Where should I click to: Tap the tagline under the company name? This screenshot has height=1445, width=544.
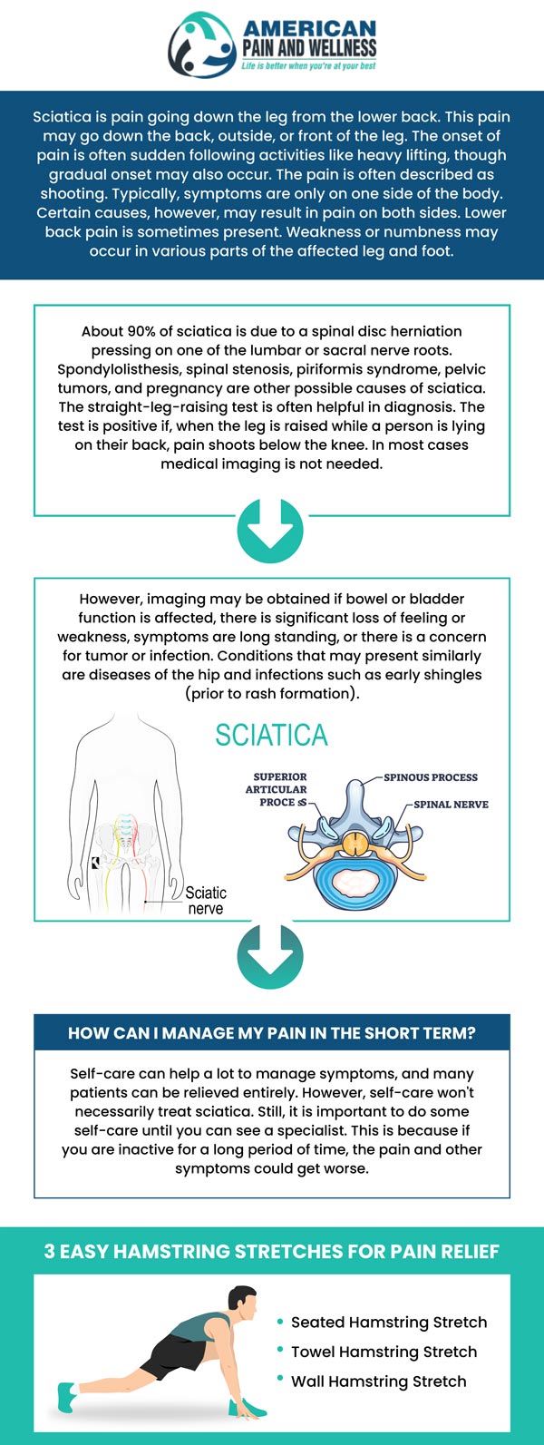tap(308, 65)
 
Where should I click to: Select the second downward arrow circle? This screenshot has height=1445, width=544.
tap(270, 955)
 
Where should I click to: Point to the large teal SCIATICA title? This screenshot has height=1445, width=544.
tap(271, 735)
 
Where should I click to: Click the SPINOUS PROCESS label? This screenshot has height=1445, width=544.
tap(431, 777)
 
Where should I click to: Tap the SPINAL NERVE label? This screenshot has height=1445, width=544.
tap(451, 805)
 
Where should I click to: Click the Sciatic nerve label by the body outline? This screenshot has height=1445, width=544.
tap(206, 900)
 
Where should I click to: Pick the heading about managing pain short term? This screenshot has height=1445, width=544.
tap(271, 1033)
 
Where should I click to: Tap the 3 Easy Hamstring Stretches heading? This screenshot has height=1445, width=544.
tap(271, 1252)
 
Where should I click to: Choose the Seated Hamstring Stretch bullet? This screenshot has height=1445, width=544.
tap(388, 1323)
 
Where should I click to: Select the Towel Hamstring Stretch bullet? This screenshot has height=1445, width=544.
tap(384, 1352)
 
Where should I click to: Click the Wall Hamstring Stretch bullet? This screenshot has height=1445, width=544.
tap(378, 1382)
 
